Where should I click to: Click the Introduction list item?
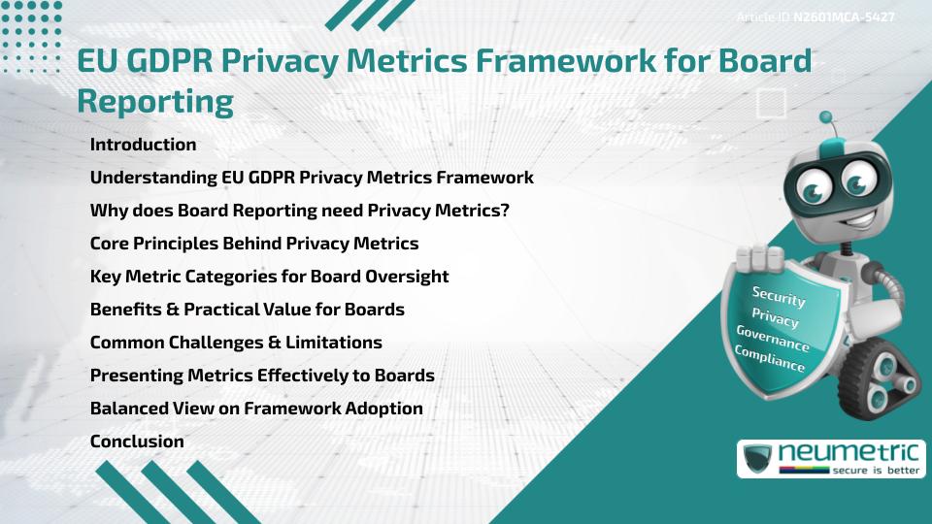coord(143,145)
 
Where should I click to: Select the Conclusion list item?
coord(137,442)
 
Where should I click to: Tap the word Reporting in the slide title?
coord(155,101)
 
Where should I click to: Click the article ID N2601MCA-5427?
coord(844,17)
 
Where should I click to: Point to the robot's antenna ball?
coord(827,118)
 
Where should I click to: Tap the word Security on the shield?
coord(779,296)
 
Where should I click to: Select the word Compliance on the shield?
coord(770,358)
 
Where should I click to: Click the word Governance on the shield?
coord(773,338)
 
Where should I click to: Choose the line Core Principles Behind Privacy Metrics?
coord(254,244)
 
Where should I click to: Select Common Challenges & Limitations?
coord(236,343)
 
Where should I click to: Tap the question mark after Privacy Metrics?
coord(505,211)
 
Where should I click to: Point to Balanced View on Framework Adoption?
coord(256,409)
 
